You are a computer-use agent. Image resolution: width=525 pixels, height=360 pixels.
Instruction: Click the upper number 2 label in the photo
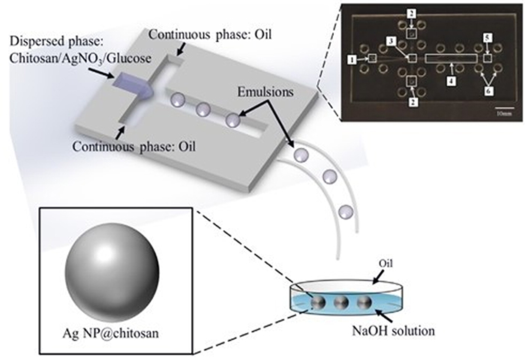click(412, 13)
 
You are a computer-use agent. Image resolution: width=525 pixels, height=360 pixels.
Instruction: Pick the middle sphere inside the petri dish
click(340, 304)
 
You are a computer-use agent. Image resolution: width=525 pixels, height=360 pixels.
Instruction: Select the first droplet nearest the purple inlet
click(176, 98)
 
